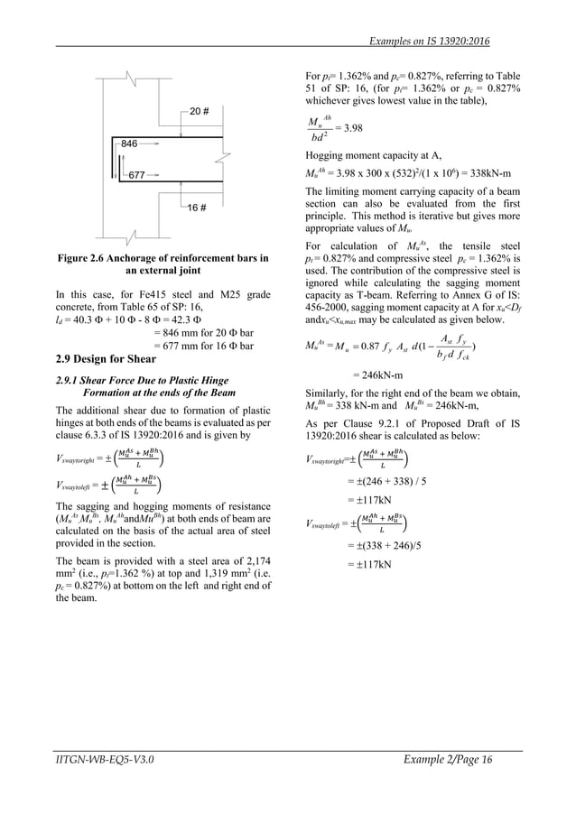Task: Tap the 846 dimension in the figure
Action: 129,143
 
